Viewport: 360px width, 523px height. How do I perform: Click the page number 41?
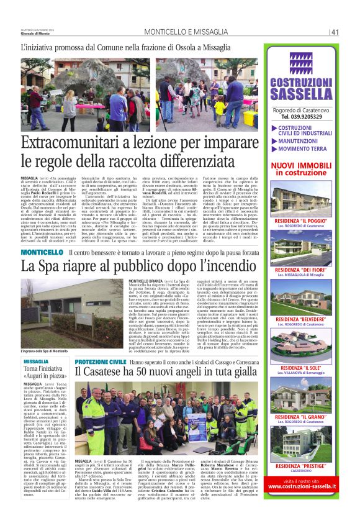pyautogui.click(x=335, y=32)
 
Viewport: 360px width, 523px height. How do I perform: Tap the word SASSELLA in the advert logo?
pyautogui.click(x=302, y=93)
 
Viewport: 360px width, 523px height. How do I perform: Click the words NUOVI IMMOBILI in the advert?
pyautogui.click(x=301, y=165)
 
